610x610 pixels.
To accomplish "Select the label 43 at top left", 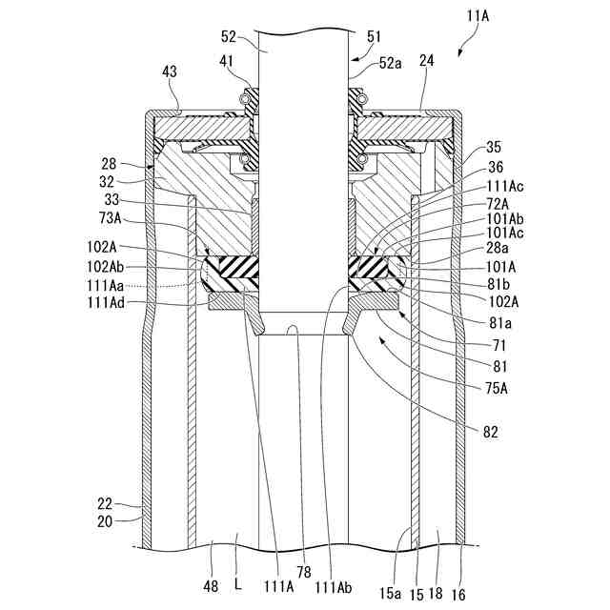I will [x=169, y=72].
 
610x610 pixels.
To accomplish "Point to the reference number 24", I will [x=426, y=61].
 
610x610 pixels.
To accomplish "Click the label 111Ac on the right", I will [x=504, y=189].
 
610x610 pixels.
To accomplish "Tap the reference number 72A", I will [x=498, y=204].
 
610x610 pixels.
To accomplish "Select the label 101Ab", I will [x=504, y=218].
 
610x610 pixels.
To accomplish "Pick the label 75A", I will [x=497, y=387].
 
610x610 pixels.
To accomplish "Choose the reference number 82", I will [x=490, y=432].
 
